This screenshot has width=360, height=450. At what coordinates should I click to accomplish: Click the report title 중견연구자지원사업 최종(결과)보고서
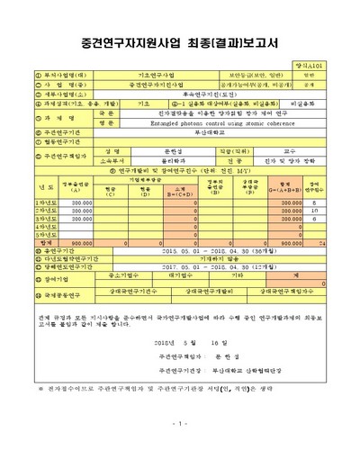click(180, 42)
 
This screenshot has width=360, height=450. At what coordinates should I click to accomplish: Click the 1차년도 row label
click(35, 203)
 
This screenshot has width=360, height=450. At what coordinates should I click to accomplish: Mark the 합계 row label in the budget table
click(35, 241)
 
